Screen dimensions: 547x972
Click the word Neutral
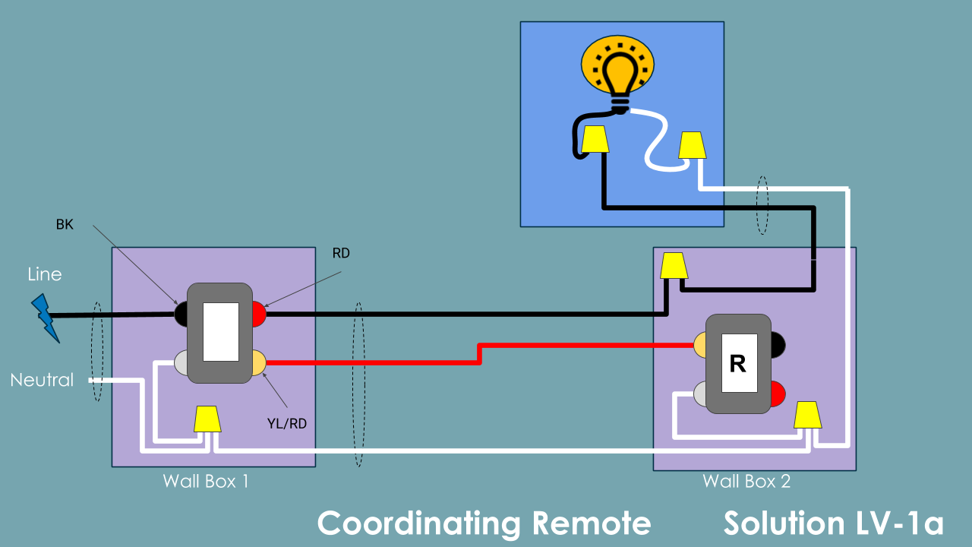(x=42, y=380)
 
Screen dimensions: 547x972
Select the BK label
(x=65, y=225)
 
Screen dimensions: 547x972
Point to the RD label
(x=341, y=253)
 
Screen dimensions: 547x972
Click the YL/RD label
(x=287, y=424)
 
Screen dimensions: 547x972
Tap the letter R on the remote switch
(x=737, y=364)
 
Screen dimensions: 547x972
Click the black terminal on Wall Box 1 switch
(x=181, y=314)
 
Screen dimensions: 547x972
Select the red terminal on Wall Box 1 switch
(x=259, y=314)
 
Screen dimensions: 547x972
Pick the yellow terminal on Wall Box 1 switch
(x=259, y=362)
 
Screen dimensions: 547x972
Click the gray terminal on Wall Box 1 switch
(x=181, y=362)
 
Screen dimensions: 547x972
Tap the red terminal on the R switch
(x=778, y=394)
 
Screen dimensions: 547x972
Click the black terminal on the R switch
(x=778, y=345)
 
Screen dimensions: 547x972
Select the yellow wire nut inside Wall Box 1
(x=207, y=419)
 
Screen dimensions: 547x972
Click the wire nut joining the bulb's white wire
(x=692, y=145)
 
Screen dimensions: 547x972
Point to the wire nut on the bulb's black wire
(x=594, y=139)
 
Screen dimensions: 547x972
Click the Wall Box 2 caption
(x=746, y=481)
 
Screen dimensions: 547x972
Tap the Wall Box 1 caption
(x=206, y=481)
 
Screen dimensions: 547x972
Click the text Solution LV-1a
(x=833, y=523)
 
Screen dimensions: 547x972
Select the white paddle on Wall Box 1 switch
(x=221, y=332)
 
